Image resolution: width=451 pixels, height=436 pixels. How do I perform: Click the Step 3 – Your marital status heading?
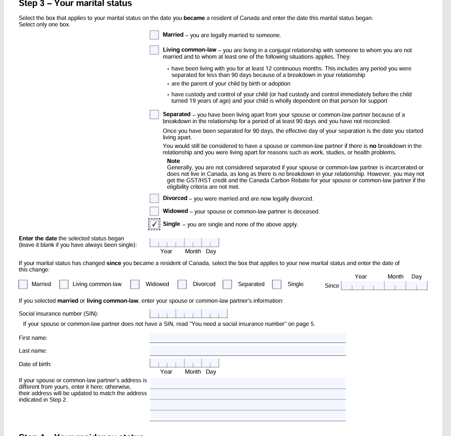click(75, 4)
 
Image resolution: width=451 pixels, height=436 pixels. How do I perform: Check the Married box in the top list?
click(154, 35)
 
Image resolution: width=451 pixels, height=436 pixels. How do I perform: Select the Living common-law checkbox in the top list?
click(154, 51)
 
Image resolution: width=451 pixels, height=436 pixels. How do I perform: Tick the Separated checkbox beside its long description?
click(154, 115)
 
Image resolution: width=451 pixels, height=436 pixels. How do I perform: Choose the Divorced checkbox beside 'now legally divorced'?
click(154, 198)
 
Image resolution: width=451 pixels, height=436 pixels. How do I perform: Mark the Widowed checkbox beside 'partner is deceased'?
click(154, 211)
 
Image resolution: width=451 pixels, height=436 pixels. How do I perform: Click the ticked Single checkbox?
click(154, 224)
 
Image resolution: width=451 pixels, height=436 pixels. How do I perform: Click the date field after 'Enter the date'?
click(184, 242)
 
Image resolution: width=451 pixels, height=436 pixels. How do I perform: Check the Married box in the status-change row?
click(23, 284)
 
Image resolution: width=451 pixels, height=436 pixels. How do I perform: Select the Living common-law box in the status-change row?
click(64, 284)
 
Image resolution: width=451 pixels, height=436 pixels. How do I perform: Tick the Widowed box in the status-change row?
click(135, 284)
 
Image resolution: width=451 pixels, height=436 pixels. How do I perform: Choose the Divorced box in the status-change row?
click(182, 284)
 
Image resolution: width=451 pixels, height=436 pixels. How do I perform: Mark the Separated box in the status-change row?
click(227, 284)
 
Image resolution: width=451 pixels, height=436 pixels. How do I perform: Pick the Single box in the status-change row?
click(277, 284)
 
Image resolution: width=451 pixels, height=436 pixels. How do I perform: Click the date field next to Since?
click(384, 285)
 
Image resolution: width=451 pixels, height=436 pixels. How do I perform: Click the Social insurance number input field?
click(189, 313)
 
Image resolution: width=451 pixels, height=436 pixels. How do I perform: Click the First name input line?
click(247, 338)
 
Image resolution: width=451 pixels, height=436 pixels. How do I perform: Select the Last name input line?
click(247, 351)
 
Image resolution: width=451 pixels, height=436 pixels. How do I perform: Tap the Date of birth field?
click(184, 363)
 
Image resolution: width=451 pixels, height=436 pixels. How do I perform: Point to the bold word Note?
click(173, 161)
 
